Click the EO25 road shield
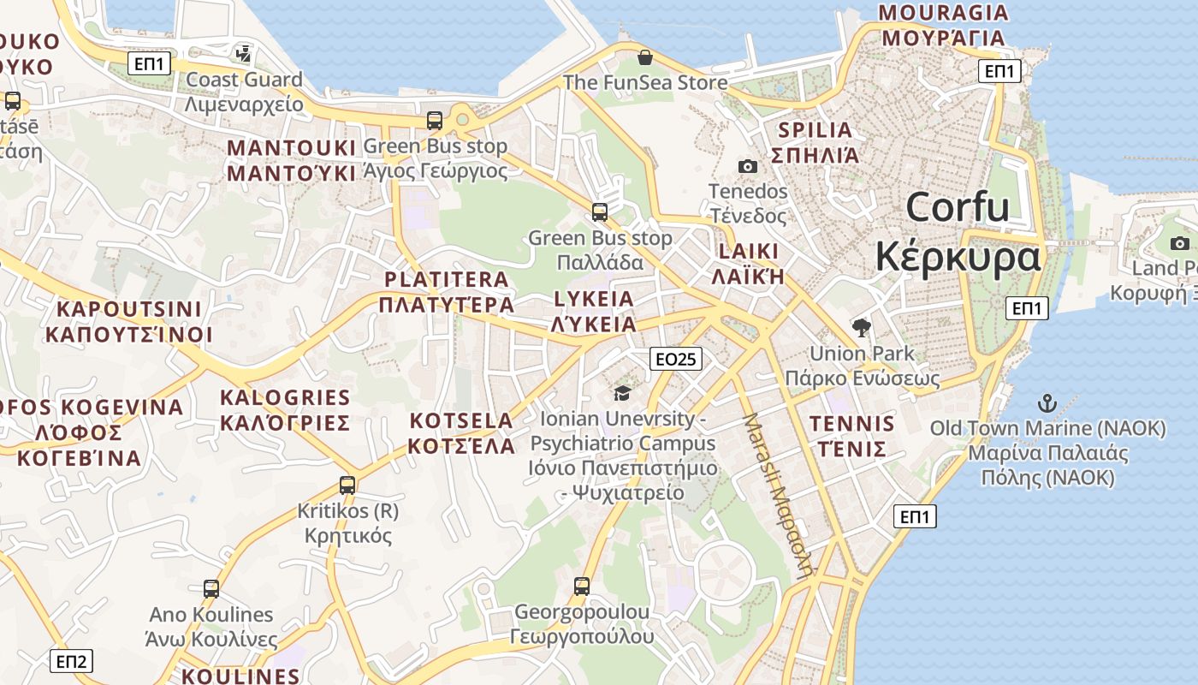point(676,359)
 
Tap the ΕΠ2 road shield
point(71,661)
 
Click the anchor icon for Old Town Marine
point(1047,402)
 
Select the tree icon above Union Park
point(861,327)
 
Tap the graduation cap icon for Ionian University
point(622,393)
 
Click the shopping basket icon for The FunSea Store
point(645,57)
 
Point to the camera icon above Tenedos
point(748,166)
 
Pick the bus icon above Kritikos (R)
point(347,485)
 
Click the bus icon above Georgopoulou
point(582,587)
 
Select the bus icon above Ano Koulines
point(211,589)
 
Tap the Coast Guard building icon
point(244,54)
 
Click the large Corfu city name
point(958,231)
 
